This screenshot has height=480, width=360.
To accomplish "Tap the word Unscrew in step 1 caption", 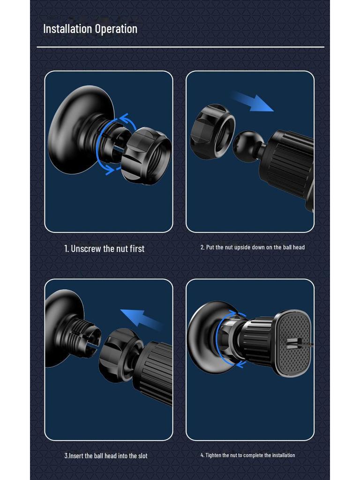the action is (x=86, y=248).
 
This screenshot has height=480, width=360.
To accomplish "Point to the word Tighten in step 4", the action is (x=214, y=455).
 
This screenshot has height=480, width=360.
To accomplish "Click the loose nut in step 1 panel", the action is (x=146, y=156).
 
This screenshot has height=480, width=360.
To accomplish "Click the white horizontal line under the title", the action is (x=180, y=47).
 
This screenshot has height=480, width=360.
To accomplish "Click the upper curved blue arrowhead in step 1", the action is (x=125, y=118).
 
